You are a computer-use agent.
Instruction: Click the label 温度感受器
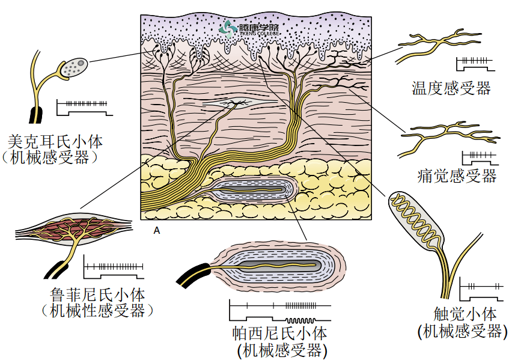point(451,89)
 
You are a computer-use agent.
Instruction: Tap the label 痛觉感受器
point(457,176)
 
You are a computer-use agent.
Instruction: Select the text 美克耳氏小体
point(55,142)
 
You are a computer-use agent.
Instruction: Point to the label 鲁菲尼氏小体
point(97,295)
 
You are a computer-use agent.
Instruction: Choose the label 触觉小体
point(465,314)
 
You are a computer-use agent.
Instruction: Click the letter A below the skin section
point(156,230)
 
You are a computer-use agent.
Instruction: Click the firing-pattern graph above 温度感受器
point(474,62)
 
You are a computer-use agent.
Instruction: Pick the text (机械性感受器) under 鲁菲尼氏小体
point(97,311)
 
